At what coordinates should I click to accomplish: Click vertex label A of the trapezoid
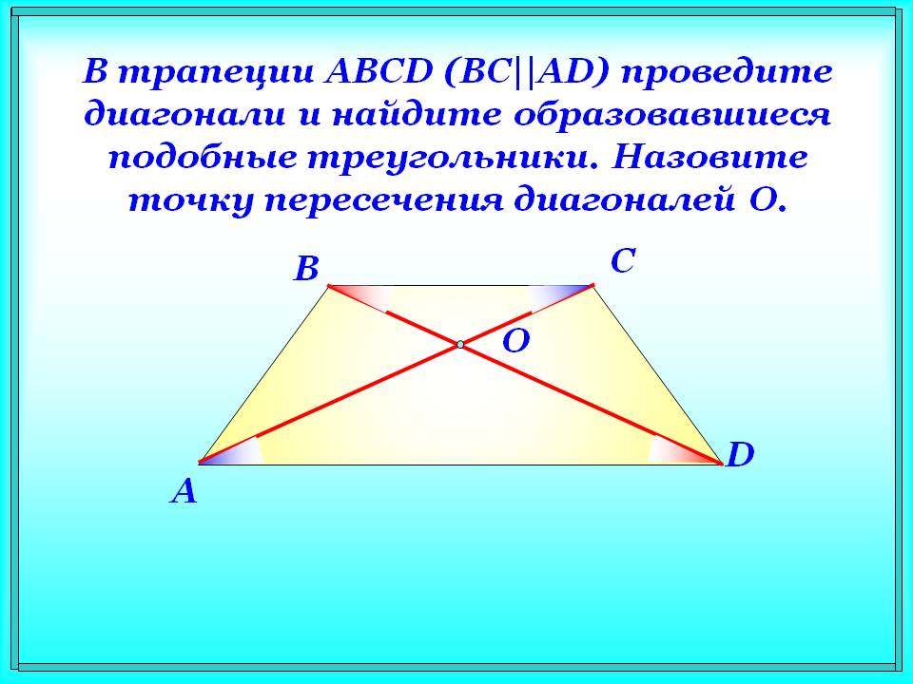[x=185, y=492]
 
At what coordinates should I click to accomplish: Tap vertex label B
[x=305, y=271]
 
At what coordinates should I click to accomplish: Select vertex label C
[x=623, y=261]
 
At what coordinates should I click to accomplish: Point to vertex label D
[x=739, y=457]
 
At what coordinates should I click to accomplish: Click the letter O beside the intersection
[x=515, y=342]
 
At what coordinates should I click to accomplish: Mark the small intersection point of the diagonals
[x=459, y=344]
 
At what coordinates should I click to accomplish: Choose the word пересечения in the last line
[x=379, y=200]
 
